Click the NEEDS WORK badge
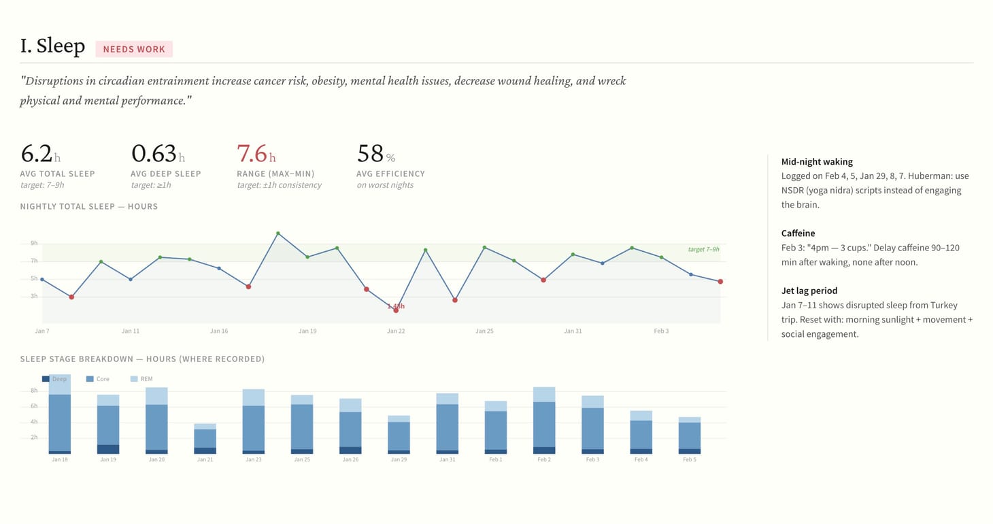pyautogui.click(x=134, y=49)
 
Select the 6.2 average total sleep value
pyautogui.click(x=37, y=153)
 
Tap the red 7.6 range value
pyautogui.click(x=252, y=153)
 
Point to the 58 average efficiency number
pyautogui.click(x=371, y=153)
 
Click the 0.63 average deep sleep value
pyautogui.click(x=154, y=153)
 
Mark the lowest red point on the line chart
pyautogui.click(x=396, y=310)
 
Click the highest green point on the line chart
pyautogui.click(x=278, y=233)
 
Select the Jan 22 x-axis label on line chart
pyautogui.click(x=396, y=331)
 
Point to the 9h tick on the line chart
pyautogui.click(x=34, y=244)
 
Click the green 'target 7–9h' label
pyautogui.click(x=703, y=249)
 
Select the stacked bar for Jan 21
pyautogui.click(x=205, y=438)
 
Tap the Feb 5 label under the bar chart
pyautogui.click(x=690, y=460)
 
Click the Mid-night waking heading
pyautogui.click(x=817, y=162)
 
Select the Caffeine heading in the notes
pyautogui.click(x=798, y=233)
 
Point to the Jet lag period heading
pyautogui.click(x=809, y=291)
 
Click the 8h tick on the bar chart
pyautogui.click(x=34, y=391)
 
